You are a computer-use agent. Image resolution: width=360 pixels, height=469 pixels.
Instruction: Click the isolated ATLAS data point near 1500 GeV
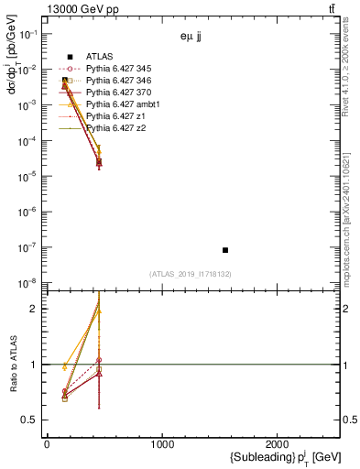225,250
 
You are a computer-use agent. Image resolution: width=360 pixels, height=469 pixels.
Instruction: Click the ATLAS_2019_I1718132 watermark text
191,274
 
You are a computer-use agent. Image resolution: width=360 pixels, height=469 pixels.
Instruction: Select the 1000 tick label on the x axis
162,444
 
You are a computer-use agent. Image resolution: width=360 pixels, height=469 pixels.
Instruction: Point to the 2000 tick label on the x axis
278,444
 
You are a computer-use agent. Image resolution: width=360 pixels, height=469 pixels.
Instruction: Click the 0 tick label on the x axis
47,444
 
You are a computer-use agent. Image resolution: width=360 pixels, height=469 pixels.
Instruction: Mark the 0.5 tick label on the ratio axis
31,420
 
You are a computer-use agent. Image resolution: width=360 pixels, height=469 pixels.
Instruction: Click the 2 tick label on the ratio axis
37,309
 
